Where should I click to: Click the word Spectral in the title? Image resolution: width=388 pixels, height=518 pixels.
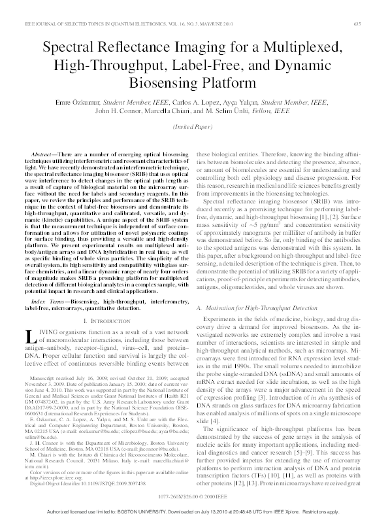point(67,48)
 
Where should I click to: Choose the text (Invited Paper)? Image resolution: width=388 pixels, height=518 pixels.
point(193,126)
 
